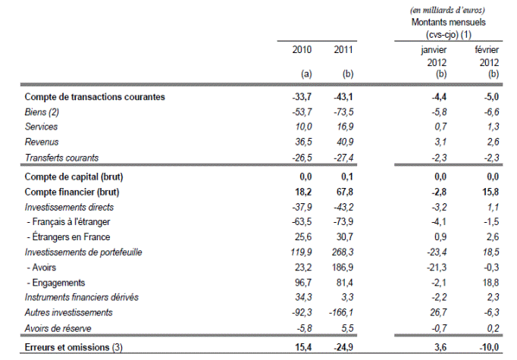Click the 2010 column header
coord(302,50)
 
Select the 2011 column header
coord(343,50)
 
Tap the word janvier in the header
coord(434,50)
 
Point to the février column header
coord(487,50)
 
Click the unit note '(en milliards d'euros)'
coord(448,10)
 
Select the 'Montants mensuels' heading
coord(449,23)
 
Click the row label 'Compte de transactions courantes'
coord(95,97)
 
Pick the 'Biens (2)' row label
coord(42,112)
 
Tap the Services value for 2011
coord(345,127)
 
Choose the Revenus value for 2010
coord(303,142)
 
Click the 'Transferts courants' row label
coord(61,158)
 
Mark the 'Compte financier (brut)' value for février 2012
coord(490,192)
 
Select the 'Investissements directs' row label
coord(69,207)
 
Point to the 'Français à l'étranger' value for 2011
coord(343,221)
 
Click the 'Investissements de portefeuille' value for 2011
coord(343,252)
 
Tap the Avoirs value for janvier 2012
coord(437,268)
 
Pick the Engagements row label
coord(56,283)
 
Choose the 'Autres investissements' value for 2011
coord(341,312)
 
